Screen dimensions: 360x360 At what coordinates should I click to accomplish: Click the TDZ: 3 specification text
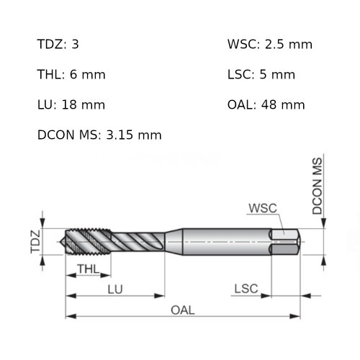tap(58, 45)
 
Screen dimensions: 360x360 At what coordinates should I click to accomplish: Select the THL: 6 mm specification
tap(71, 75)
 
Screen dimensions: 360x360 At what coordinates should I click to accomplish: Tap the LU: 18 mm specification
tap(71, 105)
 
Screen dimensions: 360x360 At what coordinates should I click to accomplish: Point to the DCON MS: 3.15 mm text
tap(99, 135)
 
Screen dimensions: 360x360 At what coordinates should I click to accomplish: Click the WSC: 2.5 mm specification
tap(269, 45)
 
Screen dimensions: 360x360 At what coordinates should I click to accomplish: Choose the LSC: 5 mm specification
tap(261, 75)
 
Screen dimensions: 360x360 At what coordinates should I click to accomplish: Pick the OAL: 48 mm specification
tap(266, 105)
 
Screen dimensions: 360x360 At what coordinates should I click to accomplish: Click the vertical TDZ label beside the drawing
tap(34, 241)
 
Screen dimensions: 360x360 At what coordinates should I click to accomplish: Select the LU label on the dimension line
tap(115, 289)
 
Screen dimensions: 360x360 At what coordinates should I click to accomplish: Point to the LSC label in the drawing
tap(246, 289)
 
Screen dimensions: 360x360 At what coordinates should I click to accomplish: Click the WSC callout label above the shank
tap(262, 209)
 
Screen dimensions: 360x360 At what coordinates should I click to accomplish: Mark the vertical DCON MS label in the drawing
tap(318, 186)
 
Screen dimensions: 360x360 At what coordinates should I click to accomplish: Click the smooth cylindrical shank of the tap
tap(223, 241)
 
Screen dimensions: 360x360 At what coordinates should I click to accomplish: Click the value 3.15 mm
tap(133, 135)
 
